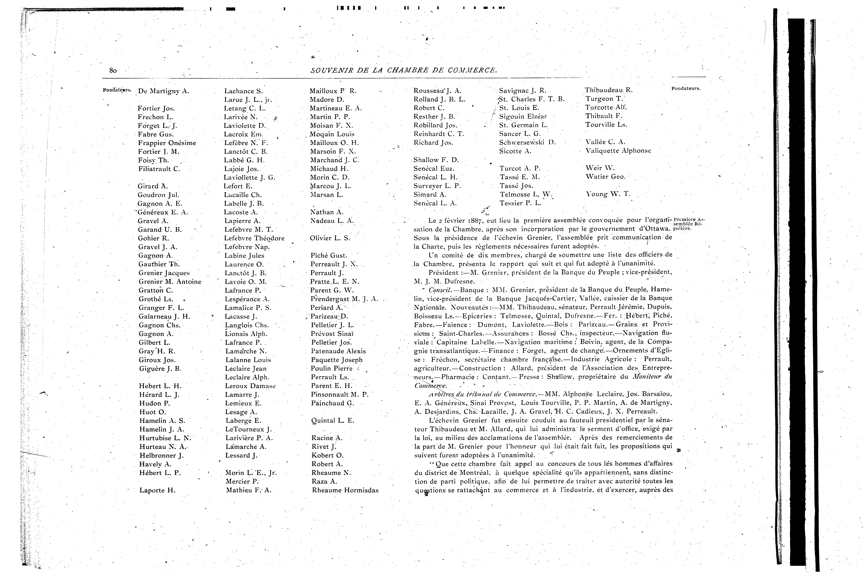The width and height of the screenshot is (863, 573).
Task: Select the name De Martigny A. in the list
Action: point(163,91)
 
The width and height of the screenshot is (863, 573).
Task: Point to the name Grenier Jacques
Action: point(164,273)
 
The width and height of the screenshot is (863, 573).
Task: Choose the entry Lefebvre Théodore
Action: point(254,238)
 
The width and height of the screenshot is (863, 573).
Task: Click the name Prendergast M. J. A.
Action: point(344,299)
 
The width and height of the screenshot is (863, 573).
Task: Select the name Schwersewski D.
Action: point(527,142)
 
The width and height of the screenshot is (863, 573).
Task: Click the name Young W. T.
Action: point(608,194)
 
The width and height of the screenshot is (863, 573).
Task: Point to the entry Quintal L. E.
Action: point(332,421)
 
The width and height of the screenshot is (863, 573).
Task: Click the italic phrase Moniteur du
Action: point(652,377)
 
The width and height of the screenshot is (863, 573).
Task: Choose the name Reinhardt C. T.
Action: point(438,134)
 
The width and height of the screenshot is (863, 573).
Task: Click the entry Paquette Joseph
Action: point(337,360)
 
